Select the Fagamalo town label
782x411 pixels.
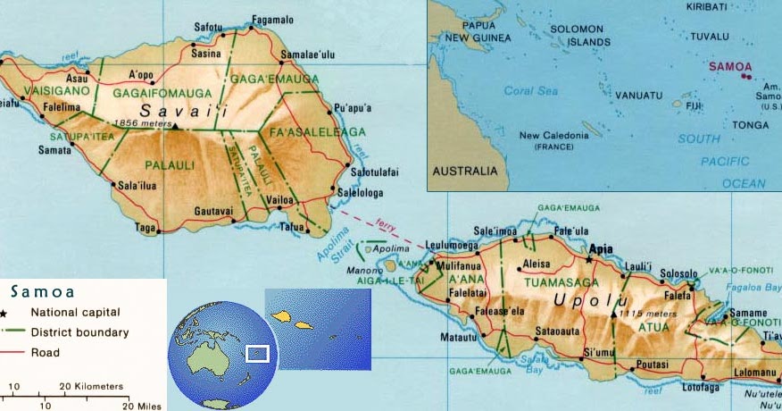[272, 19]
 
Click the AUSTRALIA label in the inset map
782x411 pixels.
[463, 170]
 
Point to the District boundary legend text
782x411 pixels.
[80, 332]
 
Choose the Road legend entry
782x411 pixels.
[46, 352]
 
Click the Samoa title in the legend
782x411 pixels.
[43, 292]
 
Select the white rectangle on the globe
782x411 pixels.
[257, 354]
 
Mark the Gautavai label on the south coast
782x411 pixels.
[213, 211]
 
